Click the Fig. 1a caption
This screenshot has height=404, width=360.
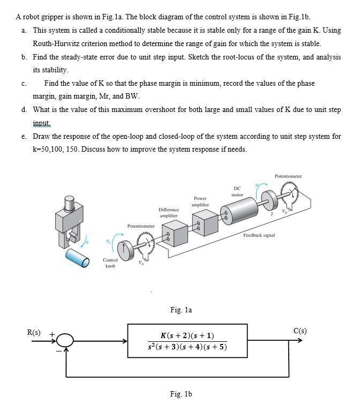(181, 310)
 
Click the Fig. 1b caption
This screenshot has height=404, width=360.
(181, 394)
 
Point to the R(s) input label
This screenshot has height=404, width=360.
(34, 332)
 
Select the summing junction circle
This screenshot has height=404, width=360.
(66, 341)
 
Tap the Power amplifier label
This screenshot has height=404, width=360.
(200, 201)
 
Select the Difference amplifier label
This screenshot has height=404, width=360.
(168, 212)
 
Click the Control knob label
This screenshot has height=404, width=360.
(110, 262)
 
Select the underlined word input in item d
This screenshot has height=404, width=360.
(41, 123)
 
